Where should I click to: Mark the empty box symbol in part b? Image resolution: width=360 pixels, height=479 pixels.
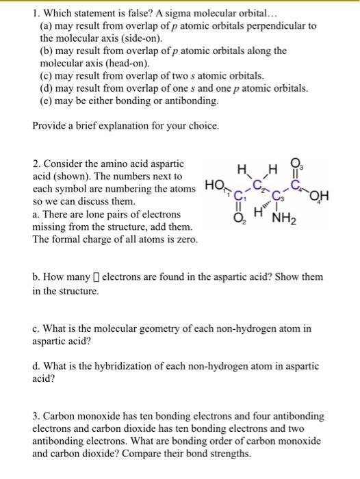[x=96, y=278]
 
